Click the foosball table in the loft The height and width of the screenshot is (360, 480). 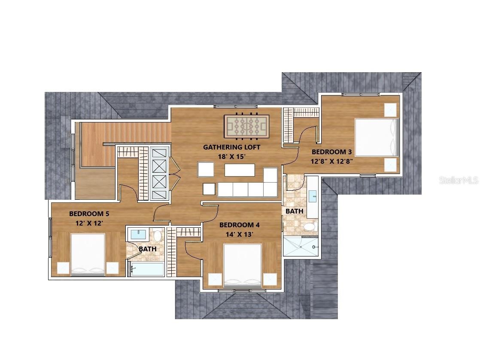(246, 126)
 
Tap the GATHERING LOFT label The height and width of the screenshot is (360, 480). (232, 147)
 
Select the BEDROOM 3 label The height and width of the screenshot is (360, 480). (331, 152)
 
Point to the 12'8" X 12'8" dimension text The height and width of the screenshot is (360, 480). (332, 161)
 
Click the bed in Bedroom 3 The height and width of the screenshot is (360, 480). (377, 137)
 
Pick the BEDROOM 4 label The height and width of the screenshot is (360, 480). (240, 225)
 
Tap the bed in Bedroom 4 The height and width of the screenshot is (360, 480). (243, 265)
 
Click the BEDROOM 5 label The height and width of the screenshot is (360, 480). (89, 214)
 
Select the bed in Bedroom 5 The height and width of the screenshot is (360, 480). (88, 254)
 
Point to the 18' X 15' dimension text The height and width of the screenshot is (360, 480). (232, 156)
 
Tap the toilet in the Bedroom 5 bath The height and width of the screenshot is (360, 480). (157, 235)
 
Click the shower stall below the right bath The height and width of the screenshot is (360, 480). (301, 246)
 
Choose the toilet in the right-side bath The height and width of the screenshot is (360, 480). (310, 227)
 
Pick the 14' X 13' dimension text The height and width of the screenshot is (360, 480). (240, 235)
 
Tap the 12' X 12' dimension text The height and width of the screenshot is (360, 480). (89, 223)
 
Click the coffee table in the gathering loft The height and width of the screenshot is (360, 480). (240, 170)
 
